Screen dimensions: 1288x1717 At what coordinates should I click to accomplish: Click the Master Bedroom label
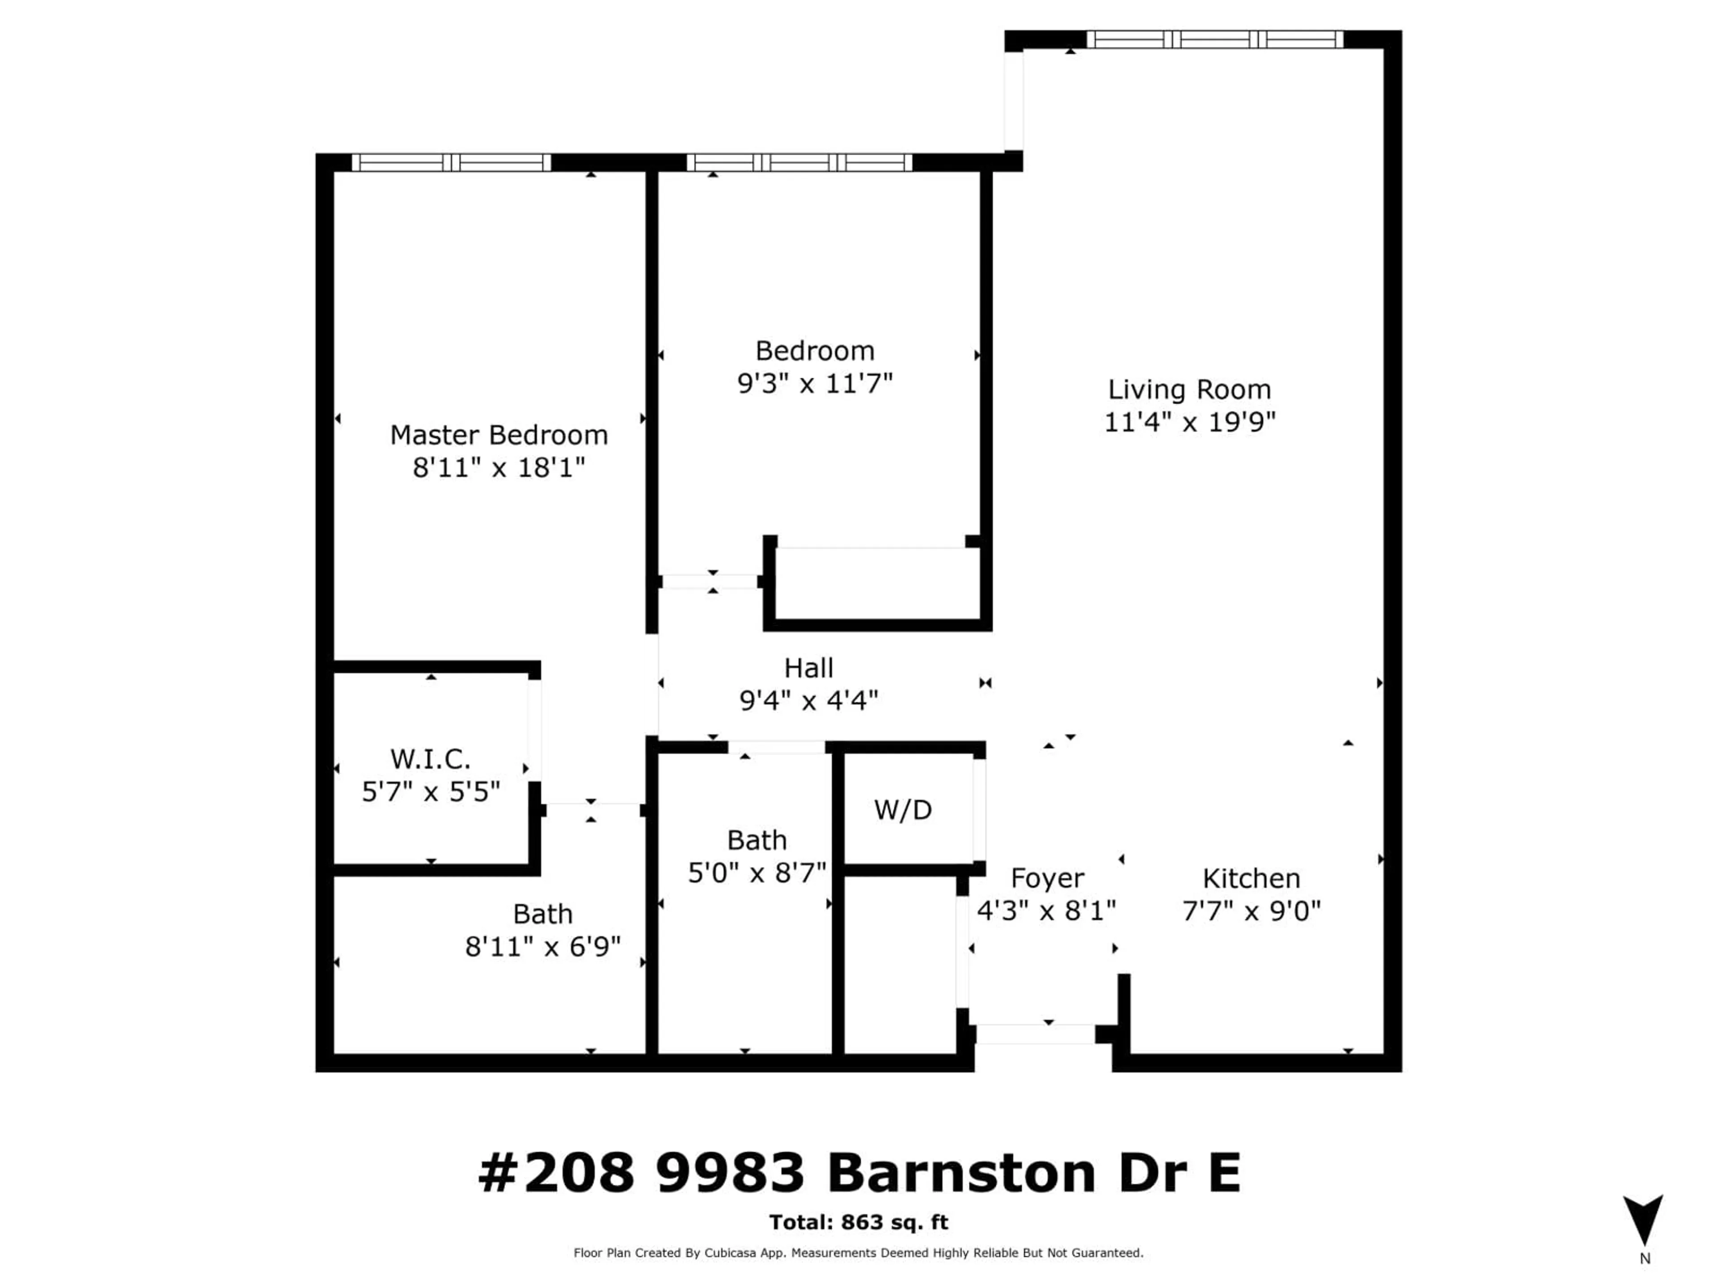499,435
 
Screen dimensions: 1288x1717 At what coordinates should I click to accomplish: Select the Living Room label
1189,390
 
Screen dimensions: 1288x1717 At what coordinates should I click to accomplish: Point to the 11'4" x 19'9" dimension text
1189,422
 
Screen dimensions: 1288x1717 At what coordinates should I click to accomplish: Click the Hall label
809,668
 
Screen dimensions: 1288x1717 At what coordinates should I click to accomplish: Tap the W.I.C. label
430,758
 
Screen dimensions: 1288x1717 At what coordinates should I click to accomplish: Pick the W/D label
903,810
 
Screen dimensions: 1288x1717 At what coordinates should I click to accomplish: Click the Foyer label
1047,878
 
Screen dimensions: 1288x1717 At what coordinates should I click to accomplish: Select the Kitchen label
1251,878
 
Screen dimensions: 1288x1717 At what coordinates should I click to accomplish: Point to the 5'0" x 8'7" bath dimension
757,873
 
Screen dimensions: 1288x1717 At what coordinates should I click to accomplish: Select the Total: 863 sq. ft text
858,1222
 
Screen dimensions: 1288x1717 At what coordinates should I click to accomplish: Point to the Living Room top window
1215,39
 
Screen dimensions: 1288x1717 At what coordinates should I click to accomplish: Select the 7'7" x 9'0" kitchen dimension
1251,911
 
